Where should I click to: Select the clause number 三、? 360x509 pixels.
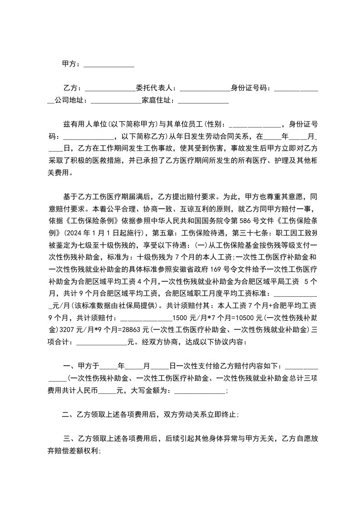click(69, 438)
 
